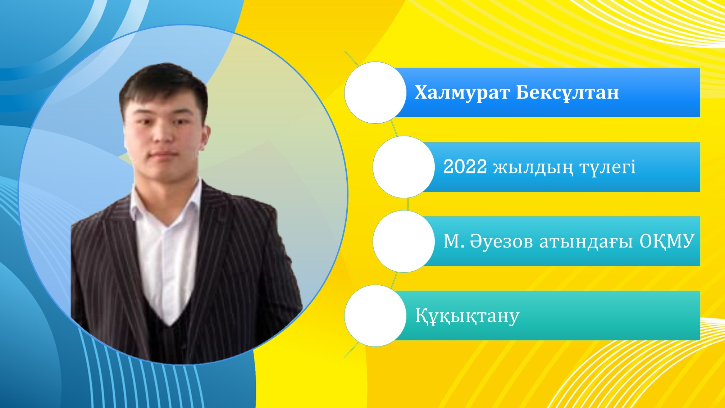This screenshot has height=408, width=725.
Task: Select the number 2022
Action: click(465, 167)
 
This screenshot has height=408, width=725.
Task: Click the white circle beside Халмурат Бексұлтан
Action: click(375, 92)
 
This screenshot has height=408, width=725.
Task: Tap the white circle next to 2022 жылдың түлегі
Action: click(404, 167)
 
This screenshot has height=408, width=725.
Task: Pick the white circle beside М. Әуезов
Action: click(404, 241)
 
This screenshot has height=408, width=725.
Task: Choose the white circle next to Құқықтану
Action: click(375, 316)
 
